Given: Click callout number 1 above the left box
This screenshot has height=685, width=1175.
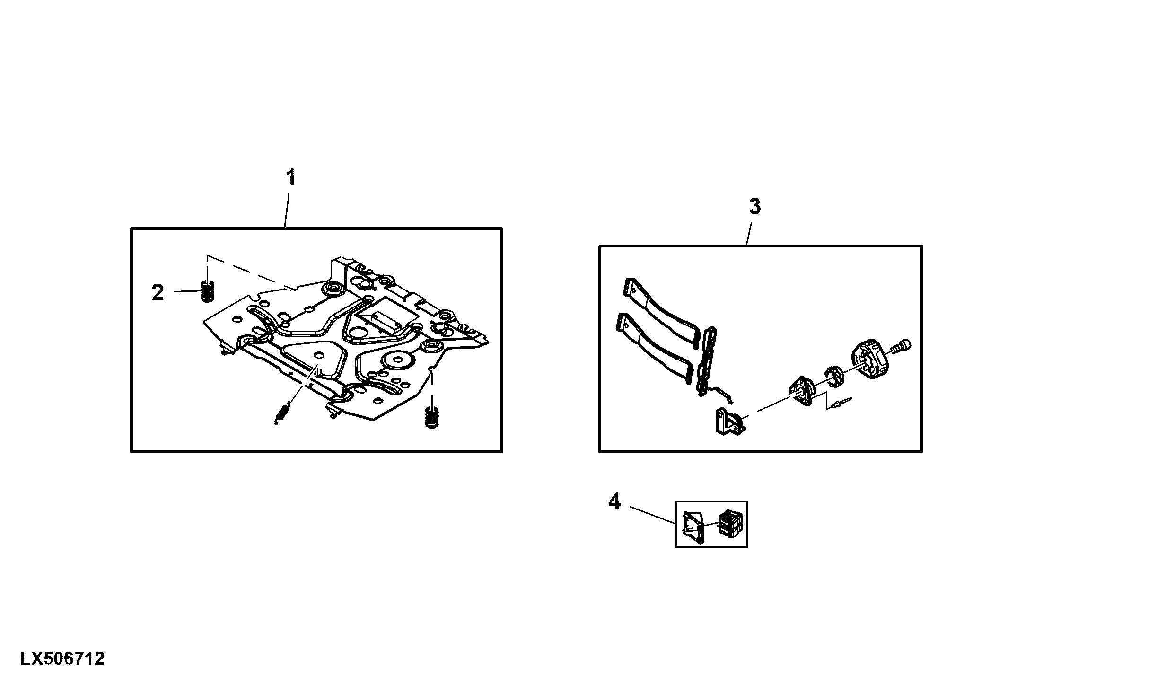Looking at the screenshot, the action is click(291, 178).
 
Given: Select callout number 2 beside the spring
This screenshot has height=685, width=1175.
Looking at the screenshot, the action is click(158, 293).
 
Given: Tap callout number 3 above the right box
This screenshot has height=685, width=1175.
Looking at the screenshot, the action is click(754, 207).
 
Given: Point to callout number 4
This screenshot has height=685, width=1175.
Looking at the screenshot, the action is click(614, 501).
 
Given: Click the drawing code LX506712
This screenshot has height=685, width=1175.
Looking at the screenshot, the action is click(62, 659).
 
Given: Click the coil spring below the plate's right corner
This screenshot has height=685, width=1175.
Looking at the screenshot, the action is click(431, 417).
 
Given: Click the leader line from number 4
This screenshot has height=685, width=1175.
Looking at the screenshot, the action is click(653, 515).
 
